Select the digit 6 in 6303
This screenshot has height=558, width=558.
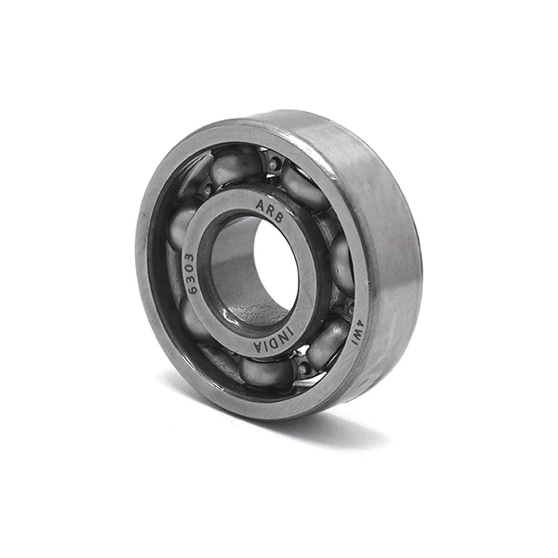pos(192,290)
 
